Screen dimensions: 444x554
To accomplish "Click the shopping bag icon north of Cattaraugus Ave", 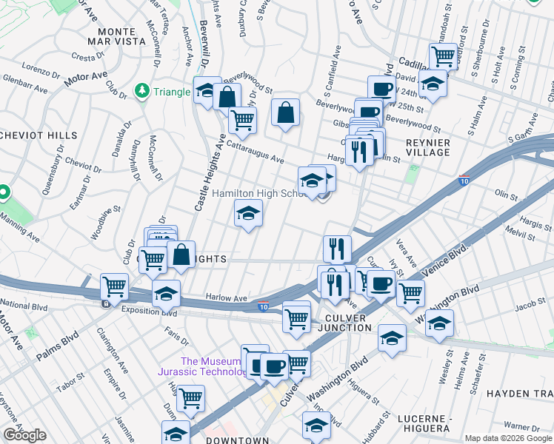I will click(x=285, y=113).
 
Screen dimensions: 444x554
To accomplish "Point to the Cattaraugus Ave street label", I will click(x=256, y=152).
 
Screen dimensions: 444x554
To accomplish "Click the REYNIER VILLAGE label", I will click(x=427, y=147).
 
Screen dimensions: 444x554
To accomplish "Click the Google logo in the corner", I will click(x=24, y=435).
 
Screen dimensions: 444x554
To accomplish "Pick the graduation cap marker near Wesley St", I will click(x=439, y=323).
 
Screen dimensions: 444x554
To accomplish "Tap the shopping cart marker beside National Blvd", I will click(x=114, y=286).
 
